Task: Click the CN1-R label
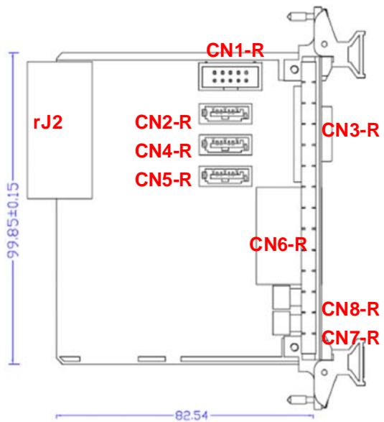235,50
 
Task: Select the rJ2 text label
48,122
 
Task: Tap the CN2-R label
163,122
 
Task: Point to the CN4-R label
163,150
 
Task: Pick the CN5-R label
163,179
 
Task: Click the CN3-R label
350,130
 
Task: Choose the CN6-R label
278,244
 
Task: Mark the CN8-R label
350,309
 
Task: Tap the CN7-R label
350,338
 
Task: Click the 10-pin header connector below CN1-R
230,76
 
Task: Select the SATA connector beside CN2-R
225,114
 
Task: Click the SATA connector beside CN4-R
225,145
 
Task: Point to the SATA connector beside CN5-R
225,176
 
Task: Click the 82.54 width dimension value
192,415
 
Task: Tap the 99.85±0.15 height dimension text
13,220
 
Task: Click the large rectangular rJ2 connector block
60,130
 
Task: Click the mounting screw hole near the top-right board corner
294,69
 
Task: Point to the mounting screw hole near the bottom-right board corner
294,347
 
